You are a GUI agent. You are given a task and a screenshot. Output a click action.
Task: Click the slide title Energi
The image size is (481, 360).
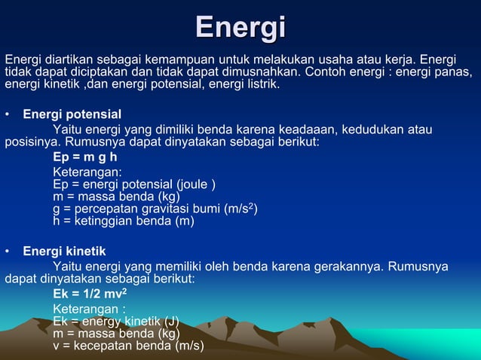[240, 28]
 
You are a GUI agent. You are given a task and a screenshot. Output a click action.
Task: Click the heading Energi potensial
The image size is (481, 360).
[72, 114]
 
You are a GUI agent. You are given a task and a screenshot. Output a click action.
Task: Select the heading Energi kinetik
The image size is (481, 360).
[64, 251]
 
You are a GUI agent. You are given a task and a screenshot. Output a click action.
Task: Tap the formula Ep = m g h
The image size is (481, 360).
[84, 157]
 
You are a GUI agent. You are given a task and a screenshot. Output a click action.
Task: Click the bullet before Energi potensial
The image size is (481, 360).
[7, 115]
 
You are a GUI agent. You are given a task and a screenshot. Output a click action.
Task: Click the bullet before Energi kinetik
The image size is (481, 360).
[7, 252]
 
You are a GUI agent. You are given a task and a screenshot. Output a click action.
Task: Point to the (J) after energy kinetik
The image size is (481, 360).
[170, 321]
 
